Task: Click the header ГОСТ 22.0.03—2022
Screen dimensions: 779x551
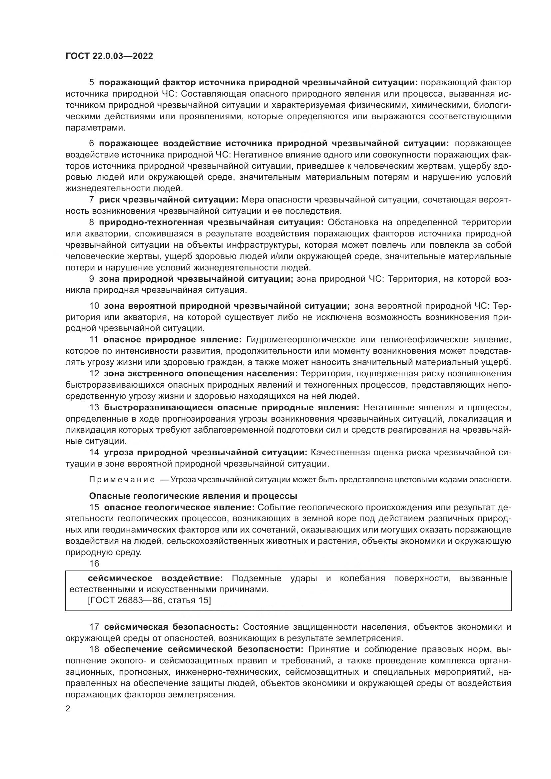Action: point(109,56)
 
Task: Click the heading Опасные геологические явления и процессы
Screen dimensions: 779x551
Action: point(193,496)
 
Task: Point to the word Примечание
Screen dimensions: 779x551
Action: point(122,480)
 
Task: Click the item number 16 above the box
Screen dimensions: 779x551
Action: point(94,564)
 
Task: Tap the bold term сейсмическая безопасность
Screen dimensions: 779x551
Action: point(171,627)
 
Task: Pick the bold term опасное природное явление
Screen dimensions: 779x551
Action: point(172,340)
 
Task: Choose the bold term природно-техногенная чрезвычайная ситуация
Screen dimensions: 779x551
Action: point(212,222)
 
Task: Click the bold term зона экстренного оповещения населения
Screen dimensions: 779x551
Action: point(201,374)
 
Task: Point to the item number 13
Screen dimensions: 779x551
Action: point(94,407)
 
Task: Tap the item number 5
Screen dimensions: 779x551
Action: point(91,83)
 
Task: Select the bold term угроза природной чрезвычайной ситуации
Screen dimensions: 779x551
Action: point(205,452)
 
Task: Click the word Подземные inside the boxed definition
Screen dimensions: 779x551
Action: point(257,578)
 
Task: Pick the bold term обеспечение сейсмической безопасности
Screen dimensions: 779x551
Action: point(204,649)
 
